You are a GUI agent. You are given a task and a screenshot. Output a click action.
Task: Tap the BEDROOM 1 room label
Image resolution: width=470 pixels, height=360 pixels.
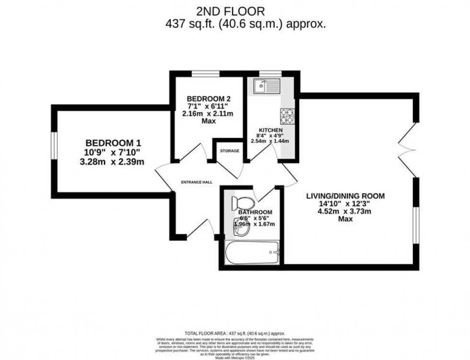pos(113,143)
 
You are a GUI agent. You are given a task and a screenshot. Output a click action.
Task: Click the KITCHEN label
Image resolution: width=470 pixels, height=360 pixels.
pos(270,130)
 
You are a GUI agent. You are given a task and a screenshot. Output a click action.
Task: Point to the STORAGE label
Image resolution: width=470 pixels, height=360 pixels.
pos(229,151)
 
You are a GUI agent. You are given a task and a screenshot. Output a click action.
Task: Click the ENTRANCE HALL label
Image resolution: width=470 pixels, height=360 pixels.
pos(196,182)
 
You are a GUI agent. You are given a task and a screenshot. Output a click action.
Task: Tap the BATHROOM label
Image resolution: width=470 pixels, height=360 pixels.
pos(255,212)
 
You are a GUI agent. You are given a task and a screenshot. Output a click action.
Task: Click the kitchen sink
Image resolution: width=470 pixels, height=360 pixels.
pos(267,87)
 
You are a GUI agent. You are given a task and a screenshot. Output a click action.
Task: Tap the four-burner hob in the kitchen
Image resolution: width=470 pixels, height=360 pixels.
pos(287,116)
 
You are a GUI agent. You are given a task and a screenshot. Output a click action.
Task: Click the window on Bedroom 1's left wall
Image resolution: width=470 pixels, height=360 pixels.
pos(55,145)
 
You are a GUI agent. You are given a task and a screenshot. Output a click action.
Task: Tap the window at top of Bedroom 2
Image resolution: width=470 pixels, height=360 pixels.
pos(206,74)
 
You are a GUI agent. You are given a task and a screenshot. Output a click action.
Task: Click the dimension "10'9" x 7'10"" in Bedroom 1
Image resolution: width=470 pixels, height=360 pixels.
pos(113,152)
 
